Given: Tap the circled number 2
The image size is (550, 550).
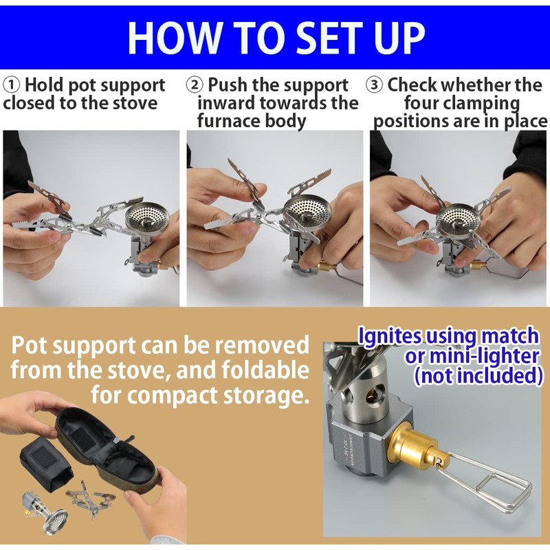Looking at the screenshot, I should coord(195,85).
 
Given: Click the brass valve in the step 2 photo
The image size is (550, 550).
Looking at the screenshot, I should coord(329,265).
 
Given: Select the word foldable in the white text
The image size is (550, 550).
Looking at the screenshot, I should coord(264,371).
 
